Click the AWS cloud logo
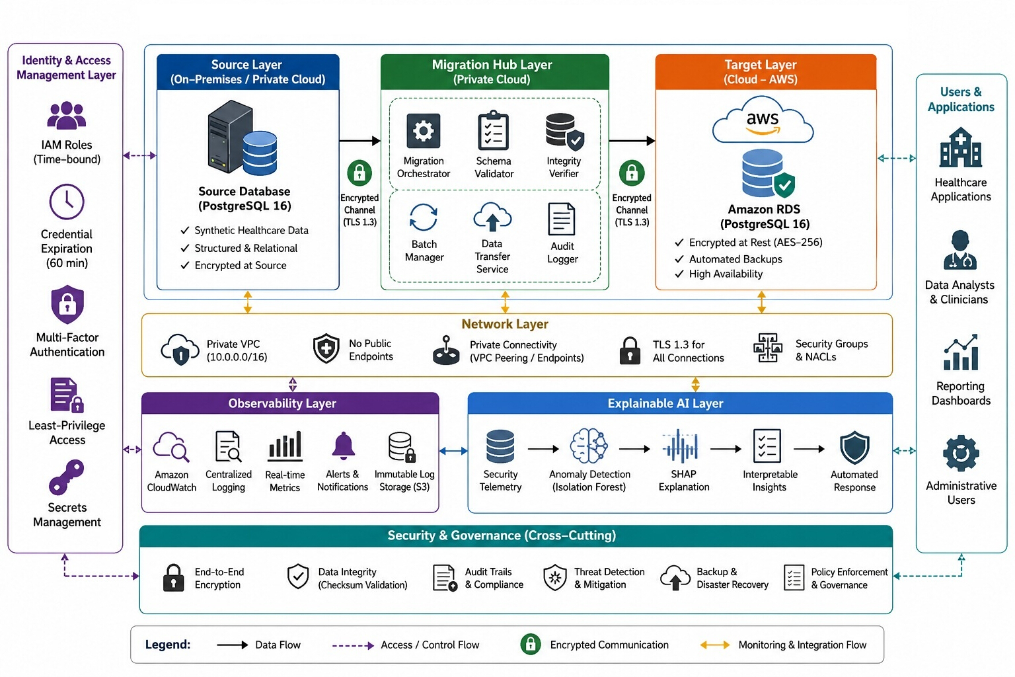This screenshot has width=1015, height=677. pyautogui.click(x=763, y=119)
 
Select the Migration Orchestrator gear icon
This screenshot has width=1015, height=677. pyautogui.click(x=423, y=131)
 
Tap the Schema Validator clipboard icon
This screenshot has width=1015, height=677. pyautogui.click(x=494, y=130)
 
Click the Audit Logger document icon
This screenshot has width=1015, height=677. pyautogui.click(x=562, y=219)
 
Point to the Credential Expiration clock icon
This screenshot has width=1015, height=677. pyautogui.click(x=67, y=202)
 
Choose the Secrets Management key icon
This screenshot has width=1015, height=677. pyautogui.click(x=67, y=477)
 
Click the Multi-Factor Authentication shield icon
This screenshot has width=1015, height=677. pyautogui.click(x=67, y=304)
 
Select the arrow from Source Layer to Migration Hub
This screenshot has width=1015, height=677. pyautogui.click(x=359, y=141)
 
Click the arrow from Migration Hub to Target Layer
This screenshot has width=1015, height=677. pyautogui.click(x=632, y=141)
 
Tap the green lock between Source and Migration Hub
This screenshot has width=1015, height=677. pyautogui.click(x=359, y=173)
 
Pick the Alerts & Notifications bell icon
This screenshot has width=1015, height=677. pyautogui.click(x=343, y=446)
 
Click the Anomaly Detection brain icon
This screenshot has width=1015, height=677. pyautogui.click(x=589, y=446)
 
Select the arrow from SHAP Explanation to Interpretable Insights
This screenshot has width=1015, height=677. pyautogui.click(x=726, y=449)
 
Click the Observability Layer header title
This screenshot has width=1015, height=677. pyautogui.click(x=282, y=403)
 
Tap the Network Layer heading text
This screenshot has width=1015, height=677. pyautogui.click(x=505, y=324)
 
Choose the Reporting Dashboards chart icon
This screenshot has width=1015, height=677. pyautogui.click(x=961, y=352)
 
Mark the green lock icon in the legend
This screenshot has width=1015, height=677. pyautogui.click(x=531, y=645)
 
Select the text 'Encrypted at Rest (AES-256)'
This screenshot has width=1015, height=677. pyautogui.click(x=755, y=242)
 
